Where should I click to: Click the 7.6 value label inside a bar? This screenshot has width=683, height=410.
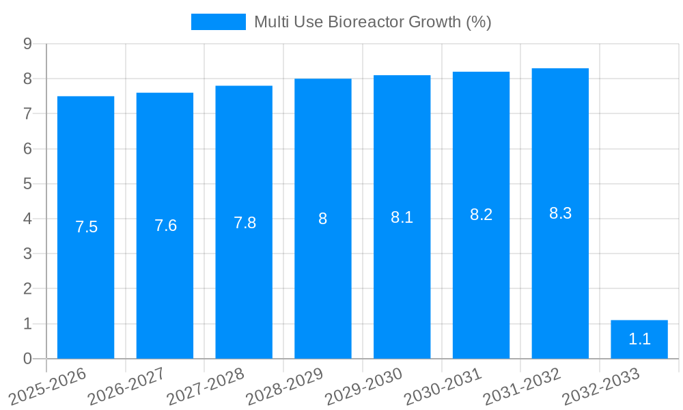tap(165, 225)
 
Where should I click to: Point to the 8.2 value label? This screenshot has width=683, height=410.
tap(481, 215)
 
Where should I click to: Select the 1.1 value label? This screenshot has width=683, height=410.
tap(639, 339)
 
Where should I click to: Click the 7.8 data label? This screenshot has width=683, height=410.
tap(245, 223)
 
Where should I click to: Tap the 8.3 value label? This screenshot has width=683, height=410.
tap(560, 213)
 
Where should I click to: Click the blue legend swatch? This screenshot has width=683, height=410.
tap(218, 22)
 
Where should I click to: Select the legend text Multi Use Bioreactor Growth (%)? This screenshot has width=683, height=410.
tap(373, 22)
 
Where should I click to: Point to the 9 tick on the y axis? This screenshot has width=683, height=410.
tap(27, 44)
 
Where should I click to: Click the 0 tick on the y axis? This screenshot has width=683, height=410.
tap(27, 359)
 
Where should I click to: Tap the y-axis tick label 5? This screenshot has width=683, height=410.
tap(27, 184)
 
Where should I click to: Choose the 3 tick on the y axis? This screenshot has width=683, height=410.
tap(27, 254)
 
